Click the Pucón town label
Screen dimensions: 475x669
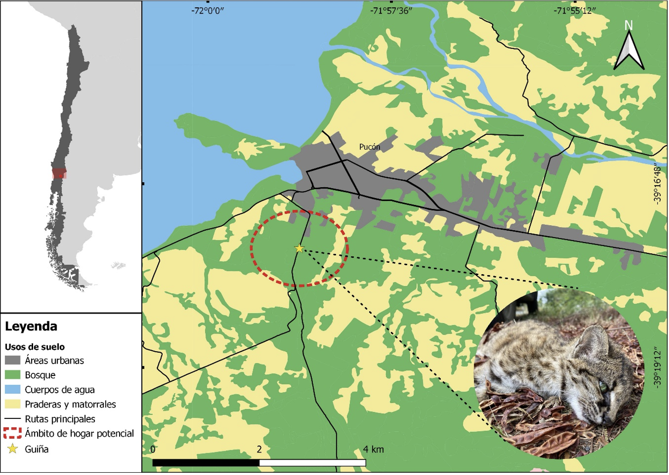370,147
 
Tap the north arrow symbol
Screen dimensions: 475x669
629,48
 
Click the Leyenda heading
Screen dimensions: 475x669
31,326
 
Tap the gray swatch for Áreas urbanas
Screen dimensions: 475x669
12,361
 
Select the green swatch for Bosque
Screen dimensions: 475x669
12,375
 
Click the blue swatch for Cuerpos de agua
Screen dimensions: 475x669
12,390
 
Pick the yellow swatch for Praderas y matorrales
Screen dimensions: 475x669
12,404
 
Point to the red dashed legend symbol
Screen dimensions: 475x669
12,433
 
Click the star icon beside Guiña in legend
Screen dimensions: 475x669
12,449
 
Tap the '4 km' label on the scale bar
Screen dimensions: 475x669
373,450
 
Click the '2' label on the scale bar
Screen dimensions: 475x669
259,450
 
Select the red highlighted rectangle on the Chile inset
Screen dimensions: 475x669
59,174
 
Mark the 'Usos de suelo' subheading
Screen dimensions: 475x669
35,347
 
